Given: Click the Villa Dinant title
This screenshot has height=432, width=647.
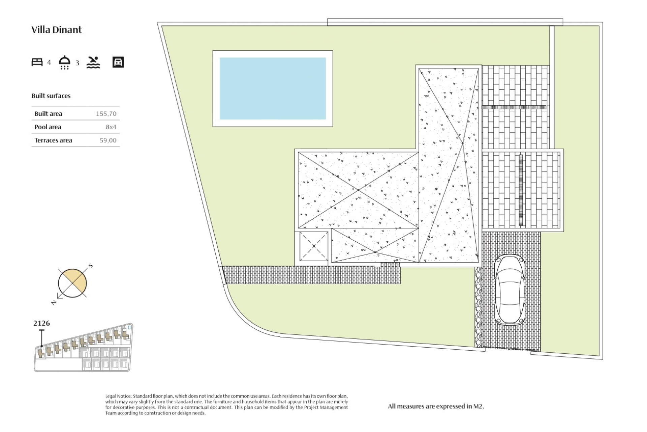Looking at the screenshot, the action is [x=57, y=30].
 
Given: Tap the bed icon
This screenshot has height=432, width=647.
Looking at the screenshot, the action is [x=37, y=62].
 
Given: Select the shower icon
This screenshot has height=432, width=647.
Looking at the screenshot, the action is [x=64, y=62].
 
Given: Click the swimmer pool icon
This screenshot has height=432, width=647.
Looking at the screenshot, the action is [x=93, y=62].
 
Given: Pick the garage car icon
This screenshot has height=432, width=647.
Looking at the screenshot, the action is [x=118, y=62].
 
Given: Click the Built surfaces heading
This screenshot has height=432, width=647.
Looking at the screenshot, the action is [x=51, y=96].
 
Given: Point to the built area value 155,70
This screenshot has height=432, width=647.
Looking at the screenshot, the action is [x=106, y=114].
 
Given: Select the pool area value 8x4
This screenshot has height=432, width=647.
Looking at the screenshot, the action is [x=111, y=127].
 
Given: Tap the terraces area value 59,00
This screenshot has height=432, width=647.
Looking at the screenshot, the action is [x=108, y=140].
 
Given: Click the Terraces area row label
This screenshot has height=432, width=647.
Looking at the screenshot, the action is [x=53, y=140].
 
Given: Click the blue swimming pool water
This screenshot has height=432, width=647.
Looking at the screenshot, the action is [x=273, y=88].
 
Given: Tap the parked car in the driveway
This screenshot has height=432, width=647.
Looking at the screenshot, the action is [x=510, y=290].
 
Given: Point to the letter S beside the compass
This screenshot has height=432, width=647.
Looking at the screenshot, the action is [x=90, y=266].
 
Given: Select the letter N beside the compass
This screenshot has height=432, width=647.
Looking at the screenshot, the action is [x=54, y=303].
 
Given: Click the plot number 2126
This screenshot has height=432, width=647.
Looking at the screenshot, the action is [x=41, y=323].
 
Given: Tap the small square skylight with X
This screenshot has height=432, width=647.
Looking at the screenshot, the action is [x=314, y=246].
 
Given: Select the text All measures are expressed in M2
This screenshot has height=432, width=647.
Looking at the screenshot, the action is [x=436, y=406].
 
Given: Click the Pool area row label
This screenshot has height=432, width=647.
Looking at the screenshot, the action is [x=48, y=127].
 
